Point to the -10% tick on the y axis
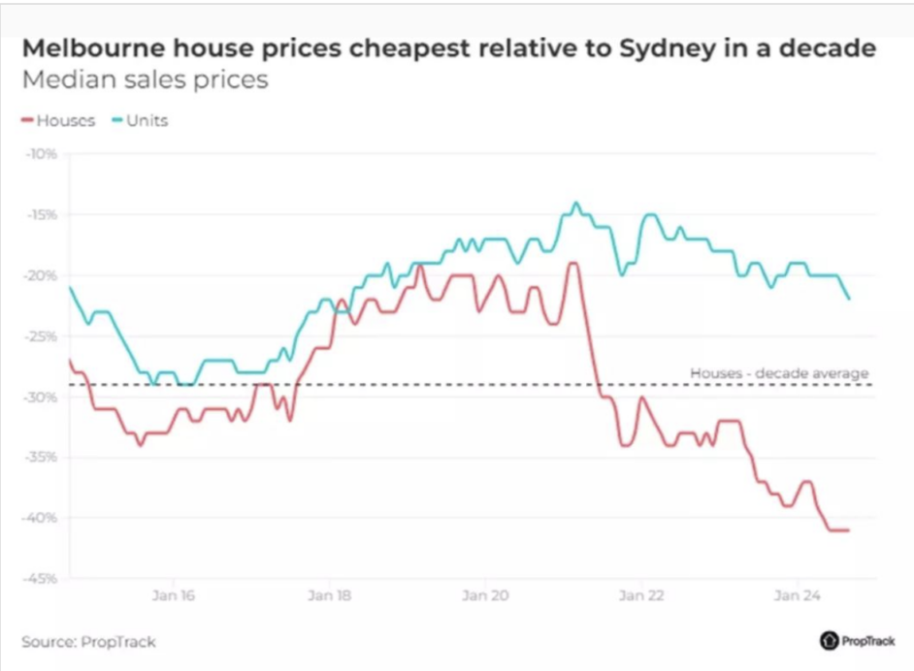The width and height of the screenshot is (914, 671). point(44,153)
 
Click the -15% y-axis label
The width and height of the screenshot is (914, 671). point(44,214)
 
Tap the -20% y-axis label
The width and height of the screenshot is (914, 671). point(44,275)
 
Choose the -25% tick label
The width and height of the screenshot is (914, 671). point(44,336)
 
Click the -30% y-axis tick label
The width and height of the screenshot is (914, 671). point(44,398)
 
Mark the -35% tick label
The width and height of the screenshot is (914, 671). point(44,457)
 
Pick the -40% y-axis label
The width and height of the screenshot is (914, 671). point(44,518)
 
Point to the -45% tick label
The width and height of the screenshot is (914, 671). point(44,579)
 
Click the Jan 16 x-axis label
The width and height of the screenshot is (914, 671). point(173,596)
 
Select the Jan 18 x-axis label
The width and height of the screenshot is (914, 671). point(328,596)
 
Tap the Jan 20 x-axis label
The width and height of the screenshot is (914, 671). point(485,596)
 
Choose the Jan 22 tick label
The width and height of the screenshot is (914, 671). point(640,596)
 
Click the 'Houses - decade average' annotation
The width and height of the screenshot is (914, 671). point(779,373)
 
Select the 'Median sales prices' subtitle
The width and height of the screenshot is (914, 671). point(145,80)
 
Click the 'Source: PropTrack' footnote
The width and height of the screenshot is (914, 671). point(88,642)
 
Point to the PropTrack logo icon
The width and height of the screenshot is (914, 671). point(829,641)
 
